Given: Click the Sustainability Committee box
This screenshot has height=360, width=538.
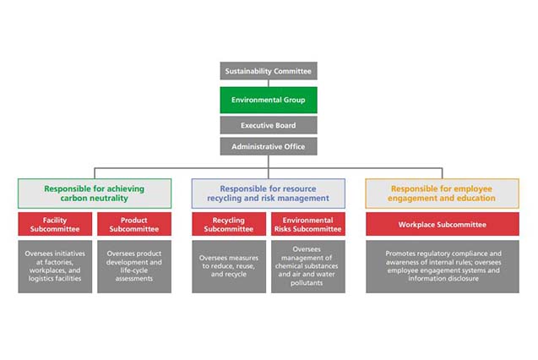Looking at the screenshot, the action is coord(269,71).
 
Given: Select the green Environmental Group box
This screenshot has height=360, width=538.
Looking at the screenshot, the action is coord(269,100).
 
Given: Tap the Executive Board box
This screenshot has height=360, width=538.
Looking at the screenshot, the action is coord(269,125).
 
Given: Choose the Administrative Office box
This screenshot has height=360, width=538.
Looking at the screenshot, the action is coord(269,146).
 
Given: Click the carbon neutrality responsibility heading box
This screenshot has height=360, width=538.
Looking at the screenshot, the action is coord(95,194).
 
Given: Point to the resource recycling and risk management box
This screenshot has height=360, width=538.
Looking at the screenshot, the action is coord(269,194).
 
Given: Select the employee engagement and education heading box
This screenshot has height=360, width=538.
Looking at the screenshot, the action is coord(442,194).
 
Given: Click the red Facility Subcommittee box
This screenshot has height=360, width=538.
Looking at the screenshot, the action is coord(55,224).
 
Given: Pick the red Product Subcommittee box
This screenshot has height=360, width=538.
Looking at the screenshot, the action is coord(134,224).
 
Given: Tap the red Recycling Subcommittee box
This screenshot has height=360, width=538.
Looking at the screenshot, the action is coord(229,224).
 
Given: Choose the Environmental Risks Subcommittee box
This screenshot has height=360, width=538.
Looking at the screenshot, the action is coord(308,224).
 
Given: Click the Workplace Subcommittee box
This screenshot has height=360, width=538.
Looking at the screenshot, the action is coord(443,224).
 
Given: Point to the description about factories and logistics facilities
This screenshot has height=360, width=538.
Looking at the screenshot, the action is coord(55,266).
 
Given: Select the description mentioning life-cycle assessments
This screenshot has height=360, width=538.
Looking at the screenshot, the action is coord(134,266).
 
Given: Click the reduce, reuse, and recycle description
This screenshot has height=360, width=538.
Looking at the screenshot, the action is coord(229,266).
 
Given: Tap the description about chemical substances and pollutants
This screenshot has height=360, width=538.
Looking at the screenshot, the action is coord(308,266).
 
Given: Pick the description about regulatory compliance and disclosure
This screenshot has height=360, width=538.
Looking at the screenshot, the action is coord(443,266).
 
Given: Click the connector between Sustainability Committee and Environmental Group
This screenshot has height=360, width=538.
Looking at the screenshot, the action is coord(269,84).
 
